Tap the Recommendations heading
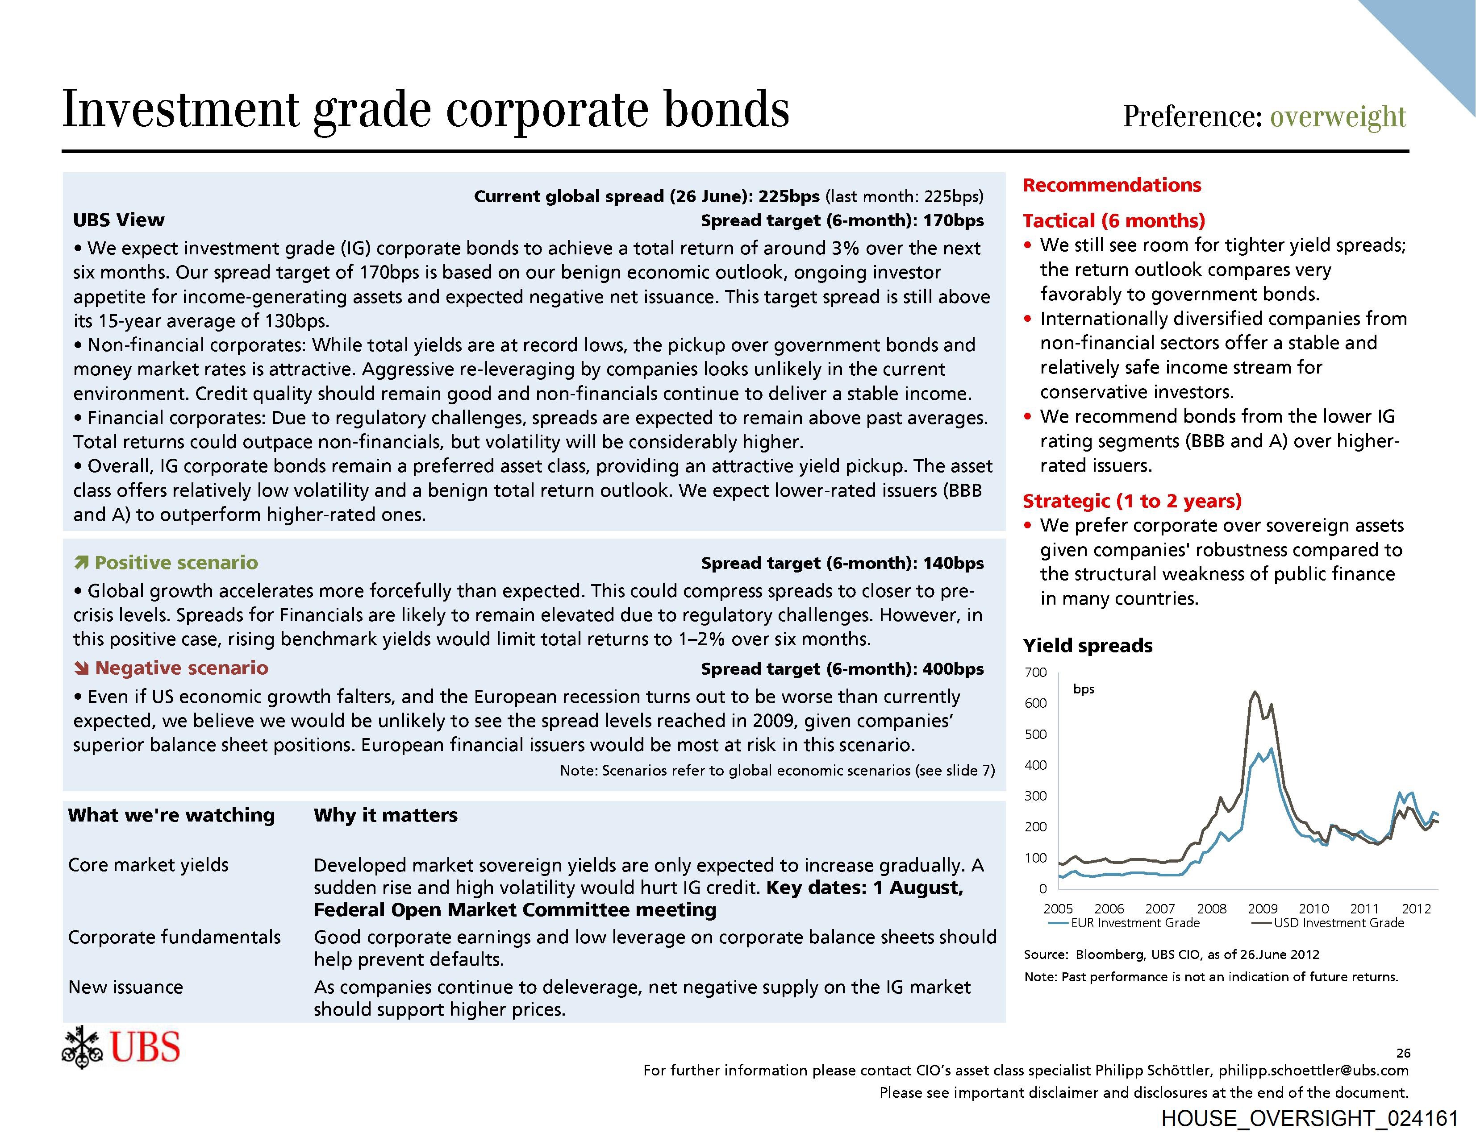click(1112, 185)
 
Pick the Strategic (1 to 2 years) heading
click(1132, 501)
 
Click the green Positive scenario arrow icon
click(82, 563)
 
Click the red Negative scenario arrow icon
click(82, 668)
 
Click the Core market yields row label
click(148, 865)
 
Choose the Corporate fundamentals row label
click(175, 937)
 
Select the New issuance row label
click(126, 987)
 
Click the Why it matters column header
click(385, 815)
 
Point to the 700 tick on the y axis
click(1035, 672)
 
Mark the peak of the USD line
click(1255, 691)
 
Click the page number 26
click(1403, 1053)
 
